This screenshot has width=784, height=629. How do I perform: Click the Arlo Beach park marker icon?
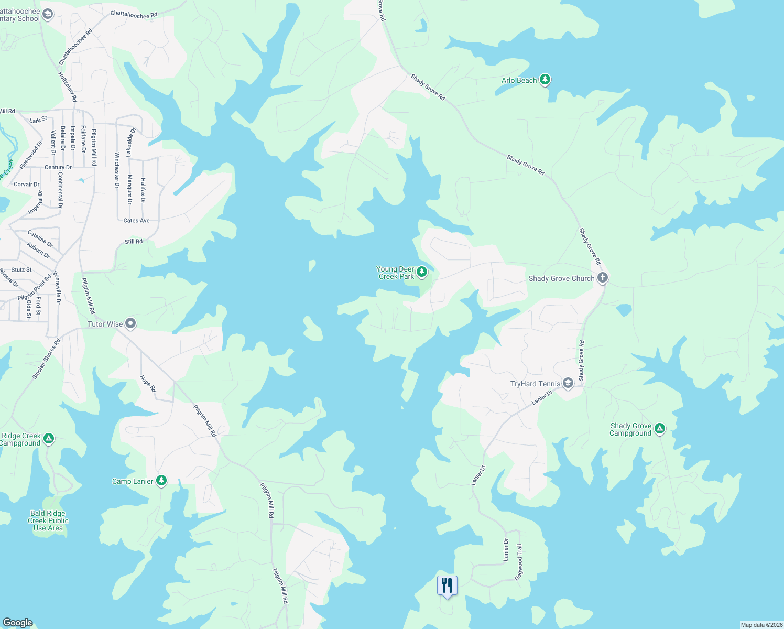pos(545,80)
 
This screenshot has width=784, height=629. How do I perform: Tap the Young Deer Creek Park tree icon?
pos(421,272)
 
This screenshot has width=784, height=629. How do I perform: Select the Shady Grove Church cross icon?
pos(602,278)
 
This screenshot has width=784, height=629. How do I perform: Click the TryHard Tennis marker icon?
pos(568,383)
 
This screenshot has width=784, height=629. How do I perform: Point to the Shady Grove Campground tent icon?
pos(659,429)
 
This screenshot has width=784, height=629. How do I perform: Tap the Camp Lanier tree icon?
pos(161,480)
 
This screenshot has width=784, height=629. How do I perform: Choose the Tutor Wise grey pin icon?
pos(130,323)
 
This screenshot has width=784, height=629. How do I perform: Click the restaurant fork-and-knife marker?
pos(447,585)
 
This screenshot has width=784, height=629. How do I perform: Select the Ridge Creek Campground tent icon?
pos(49,438)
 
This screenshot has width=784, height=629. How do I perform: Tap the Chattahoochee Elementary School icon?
pos(48,14)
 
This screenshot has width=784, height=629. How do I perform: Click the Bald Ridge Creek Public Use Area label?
pos(48,520)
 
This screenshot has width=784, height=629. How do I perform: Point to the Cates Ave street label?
pos(136,221)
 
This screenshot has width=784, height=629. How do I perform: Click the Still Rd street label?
pos(134,242)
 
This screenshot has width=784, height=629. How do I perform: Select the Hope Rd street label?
pos(148,384)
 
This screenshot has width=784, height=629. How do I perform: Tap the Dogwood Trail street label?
pos(519,562)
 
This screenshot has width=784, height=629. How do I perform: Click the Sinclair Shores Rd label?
pos(47,359)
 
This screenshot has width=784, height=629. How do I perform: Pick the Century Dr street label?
pos(58,167)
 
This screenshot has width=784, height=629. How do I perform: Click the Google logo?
pos(18,622)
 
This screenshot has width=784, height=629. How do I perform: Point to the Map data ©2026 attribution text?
pos(761,625)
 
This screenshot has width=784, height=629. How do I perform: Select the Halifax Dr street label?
pos(143,190)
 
